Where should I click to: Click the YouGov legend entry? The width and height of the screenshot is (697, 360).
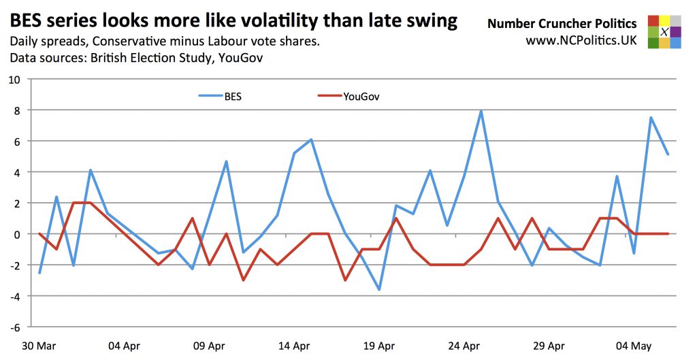(x=361, y=97)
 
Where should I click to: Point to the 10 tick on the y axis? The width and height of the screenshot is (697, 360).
(x=15, y=80)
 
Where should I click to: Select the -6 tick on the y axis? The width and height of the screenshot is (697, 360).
(x=15, y=327)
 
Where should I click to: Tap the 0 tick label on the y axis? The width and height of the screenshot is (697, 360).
(x=18, y=234)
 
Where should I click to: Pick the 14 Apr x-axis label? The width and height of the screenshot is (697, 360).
(x=294, y=346)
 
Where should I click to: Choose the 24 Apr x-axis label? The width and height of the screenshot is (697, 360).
(x=464, y=346)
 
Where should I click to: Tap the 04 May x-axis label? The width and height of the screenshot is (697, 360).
(x=634, y=346)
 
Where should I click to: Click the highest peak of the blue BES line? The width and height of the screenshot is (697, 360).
(x=481, y=111)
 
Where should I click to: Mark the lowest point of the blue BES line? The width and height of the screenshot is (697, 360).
(x=379, y=290)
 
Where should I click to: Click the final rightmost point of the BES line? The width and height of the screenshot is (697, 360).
(x=668, y=154)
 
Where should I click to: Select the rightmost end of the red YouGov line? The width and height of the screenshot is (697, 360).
(x=668, y=233)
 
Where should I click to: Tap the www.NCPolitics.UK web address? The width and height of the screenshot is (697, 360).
(x=581, y=40)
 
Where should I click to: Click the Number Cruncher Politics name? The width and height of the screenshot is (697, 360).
(x=562, y=24)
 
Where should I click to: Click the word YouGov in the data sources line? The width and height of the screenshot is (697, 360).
(x=240, y=59)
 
